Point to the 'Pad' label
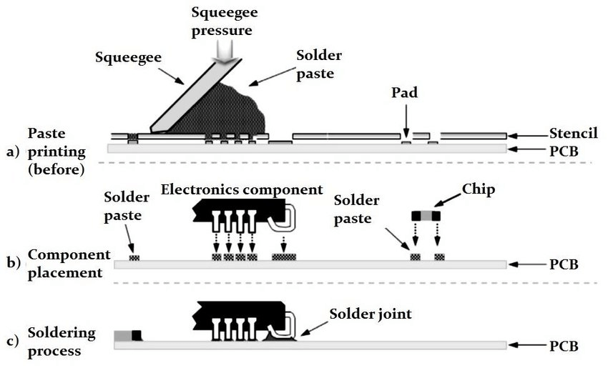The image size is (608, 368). pos(404,93)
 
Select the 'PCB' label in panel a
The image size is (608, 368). pos(564,151)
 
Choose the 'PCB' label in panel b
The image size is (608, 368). pos(564,264)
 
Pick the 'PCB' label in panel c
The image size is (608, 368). pos(564,346)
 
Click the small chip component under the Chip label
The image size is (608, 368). pos(426,215)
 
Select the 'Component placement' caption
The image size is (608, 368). pos(68,264)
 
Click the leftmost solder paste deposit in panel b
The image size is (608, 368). pos(133,257)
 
